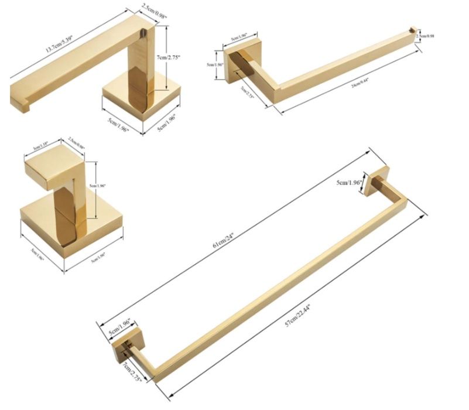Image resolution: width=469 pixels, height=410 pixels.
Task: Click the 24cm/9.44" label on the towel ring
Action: tap(360, 83)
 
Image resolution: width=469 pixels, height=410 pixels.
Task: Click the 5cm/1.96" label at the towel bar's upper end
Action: tap(350, 182)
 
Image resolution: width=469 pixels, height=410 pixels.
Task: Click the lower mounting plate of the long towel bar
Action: tap(124, 348)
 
